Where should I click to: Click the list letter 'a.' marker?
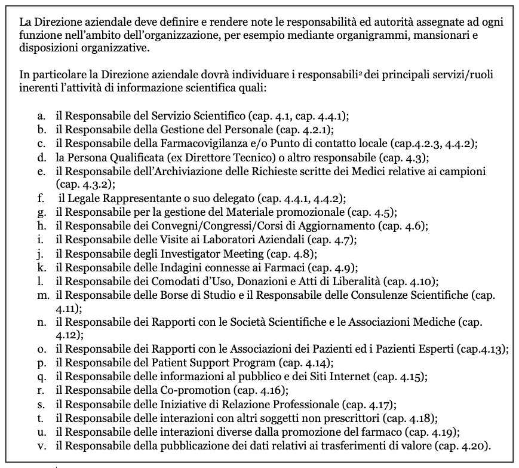click(41, 115)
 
